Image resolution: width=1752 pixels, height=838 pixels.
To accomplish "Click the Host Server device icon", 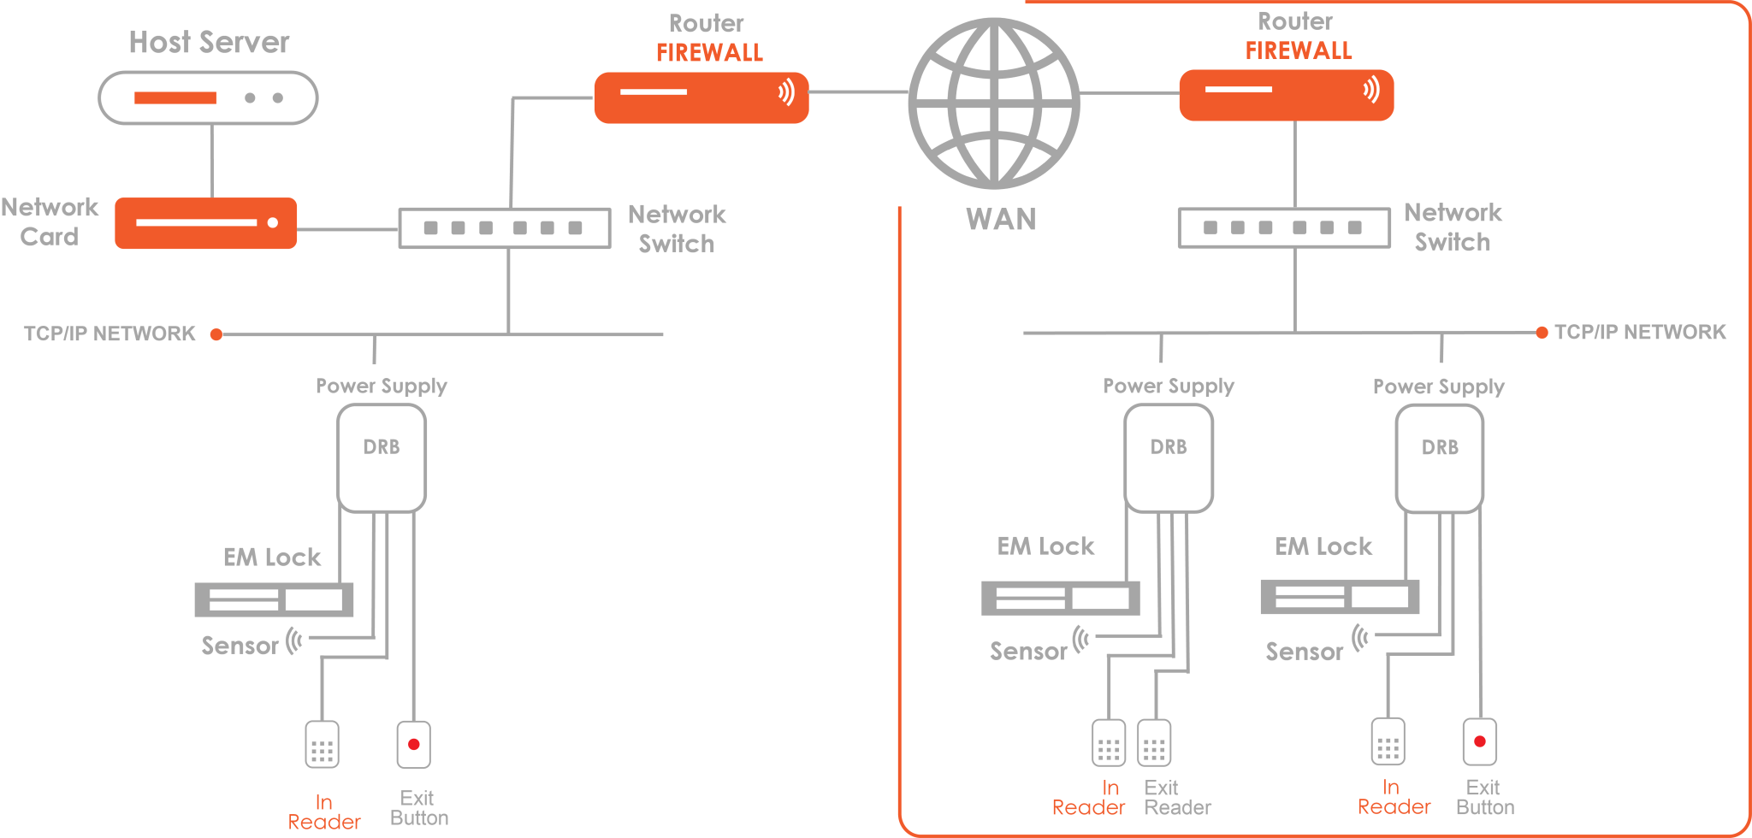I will tap(208, 97).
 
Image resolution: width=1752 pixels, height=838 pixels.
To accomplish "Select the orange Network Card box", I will tap(206, 223).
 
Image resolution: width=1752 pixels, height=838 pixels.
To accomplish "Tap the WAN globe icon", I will tap(994, 103).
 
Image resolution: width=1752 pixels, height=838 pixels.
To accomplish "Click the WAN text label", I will tap(1001, 219).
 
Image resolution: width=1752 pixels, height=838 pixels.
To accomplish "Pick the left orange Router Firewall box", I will tap(701, 97).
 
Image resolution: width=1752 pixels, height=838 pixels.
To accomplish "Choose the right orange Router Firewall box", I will tap(1286, 95).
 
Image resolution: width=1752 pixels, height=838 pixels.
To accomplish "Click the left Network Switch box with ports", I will tap(505, 228).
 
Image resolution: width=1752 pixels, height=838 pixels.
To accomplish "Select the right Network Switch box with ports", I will tap(1284, 227).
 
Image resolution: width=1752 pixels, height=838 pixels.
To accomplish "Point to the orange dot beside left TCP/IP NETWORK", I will tap(216, 334).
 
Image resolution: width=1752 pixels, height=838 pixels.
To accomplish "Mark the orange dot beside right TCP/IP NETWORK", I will tap(1542, 333).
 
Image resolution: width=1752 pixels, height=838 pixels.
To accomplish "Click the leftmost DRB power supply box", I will tap(382, 458).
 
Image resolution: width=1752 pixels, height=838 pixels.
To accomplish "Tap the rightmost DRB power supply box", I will tap(1440, 459).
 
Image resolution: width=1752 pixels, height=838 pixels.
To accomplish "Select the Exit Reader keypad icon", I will tap(1154, 743).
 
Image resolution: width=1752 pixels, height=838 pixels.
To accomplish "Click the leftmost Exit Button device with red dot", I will tap(413, 745).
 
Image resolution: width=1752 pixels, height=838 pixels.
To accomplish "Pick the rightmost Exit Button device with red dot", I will tap(1480, 741).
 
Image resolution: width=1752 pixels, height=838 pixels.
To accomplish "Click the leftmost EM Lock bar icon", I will tap(274, 599).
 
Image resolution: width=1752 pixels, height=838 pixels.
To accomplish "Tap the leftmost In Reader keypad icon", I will tap(322, 745).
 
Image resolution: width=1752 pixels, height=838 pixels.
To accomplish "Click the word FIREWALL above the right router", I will tap(1298, 51).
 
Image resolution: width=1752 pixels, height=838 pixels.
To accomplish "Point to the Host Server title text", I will tap(209, 42).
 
